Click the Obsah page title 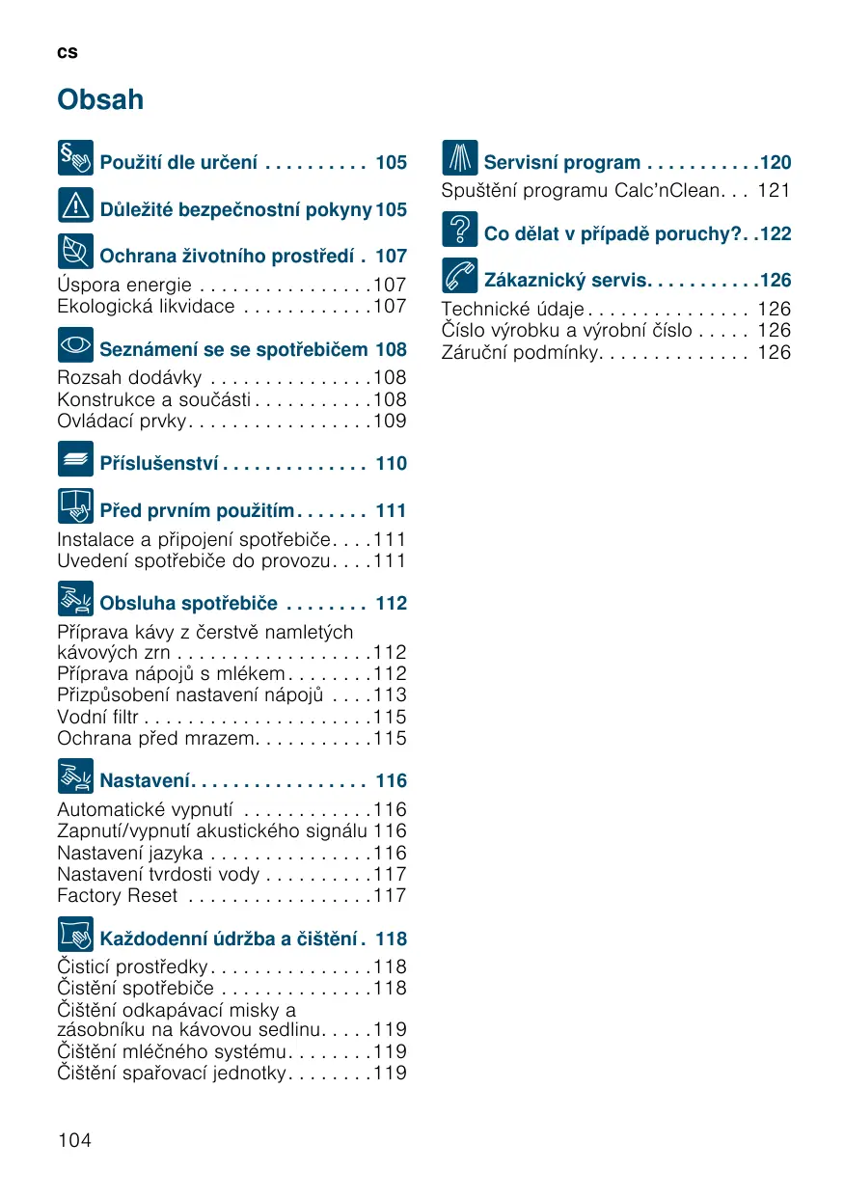100,99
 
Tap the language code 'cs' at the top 67,52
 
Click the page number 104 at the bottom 74,1140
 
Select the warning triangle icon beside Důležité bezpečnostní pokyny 75,204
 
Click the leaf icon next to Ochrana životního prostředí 75,252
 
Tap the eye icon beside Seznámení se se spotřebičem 75,344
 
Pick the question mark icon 460,230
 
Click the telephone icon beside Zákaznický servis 460,276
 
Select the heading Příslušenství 160,464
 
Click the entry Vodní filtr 97,717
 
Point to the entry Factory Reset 118,896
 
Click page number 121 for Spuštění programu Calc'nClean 774,191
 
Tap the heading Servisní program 562,163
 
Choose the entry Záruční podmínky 520,352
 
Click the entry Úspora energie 124,286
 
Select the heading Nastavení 148,781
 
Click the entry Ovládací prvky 123,422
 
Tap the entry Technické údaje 512,310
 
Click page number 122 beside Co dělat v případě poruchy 776,234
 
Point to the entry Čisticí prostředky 132,967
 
